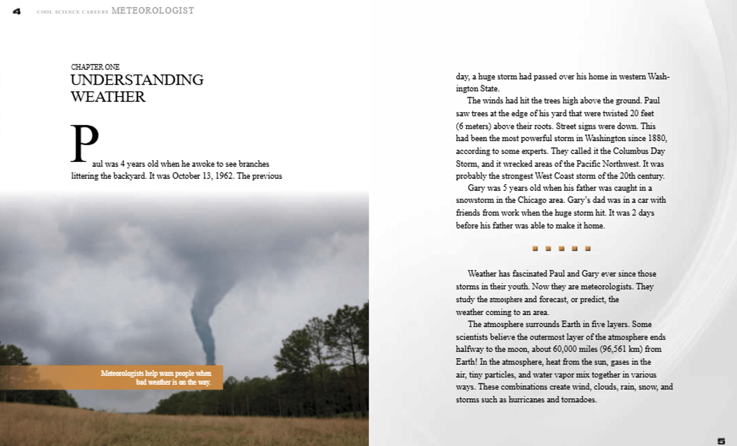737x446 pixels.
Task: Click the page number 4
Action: click(17, 11)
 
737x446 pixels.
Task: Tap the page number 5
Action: click(721, 441)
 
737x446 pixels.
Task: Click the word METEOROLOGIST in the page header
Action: click(153, 11)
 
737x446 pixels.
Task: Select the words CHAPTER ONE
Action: click(95, 67)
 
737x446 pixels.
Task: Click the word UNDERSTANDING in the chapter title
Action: click(137, 80)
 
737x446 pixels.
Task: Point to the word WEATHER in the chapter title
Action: click(108, 97)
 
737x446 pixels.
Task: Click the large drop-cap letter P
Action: click(85, 143)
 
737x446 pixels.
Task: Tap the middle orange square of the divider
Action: click(561, 248)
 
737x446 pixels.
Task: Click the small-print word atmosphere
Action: click(506, 300)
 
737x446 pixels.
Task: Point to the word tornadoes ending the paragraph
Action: click(579, 400)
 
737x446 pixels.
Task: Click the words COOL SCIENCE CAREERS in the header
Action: click(72, 12)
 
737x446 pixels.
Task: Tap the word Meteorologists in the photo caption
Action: click(121, 373)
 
